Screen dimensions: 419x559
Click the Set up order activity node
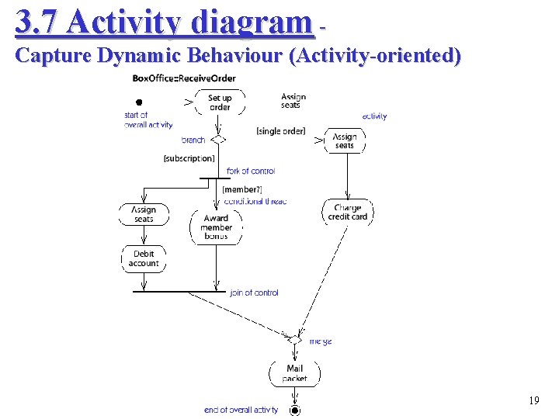[x=220, y=102]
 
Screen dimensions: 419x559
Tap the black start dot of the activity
[x=139, y=102]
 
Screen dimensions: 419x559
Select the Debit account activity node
[x=144, y=258]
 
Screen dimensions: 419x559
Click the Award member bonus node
[x=216, y=227]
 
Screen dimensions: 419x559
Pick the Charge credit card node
[x=348, y=212]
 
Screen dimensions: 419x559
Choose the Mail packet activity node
[x=294, y=373]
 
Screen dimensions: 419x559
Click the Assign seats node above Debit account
[x=144, y=214]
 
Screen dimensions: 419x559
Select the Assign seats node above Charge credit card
[x=345, y=140]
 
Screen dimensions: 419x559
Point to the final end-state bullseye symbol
[x=294, y=410]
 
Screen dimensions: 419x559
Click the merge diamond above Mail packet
[x=295, y=339]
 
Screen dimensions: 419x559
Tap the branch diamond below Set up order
[x=219, y=140]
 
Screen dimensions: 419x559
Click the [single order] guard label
[x=280, y=131]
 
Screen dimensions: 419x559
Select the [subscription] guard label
[x=189, y=158]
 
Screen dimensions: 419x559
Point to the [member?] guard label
[x=242, y=189]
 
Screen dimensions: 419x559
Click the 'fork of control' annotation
[x=251, y=171]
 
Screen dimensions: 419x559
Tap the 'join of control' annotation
[x=254, y=293]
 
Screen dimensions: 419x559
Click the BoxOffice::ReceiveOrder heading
[x=184, y=78]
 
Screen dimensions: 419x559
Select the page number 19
[x=533, y=401]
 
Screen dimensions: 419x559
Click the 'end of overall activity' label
[x=241, y=410]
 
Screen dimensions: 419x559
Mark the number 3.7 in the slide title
[x=36, y=23]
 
